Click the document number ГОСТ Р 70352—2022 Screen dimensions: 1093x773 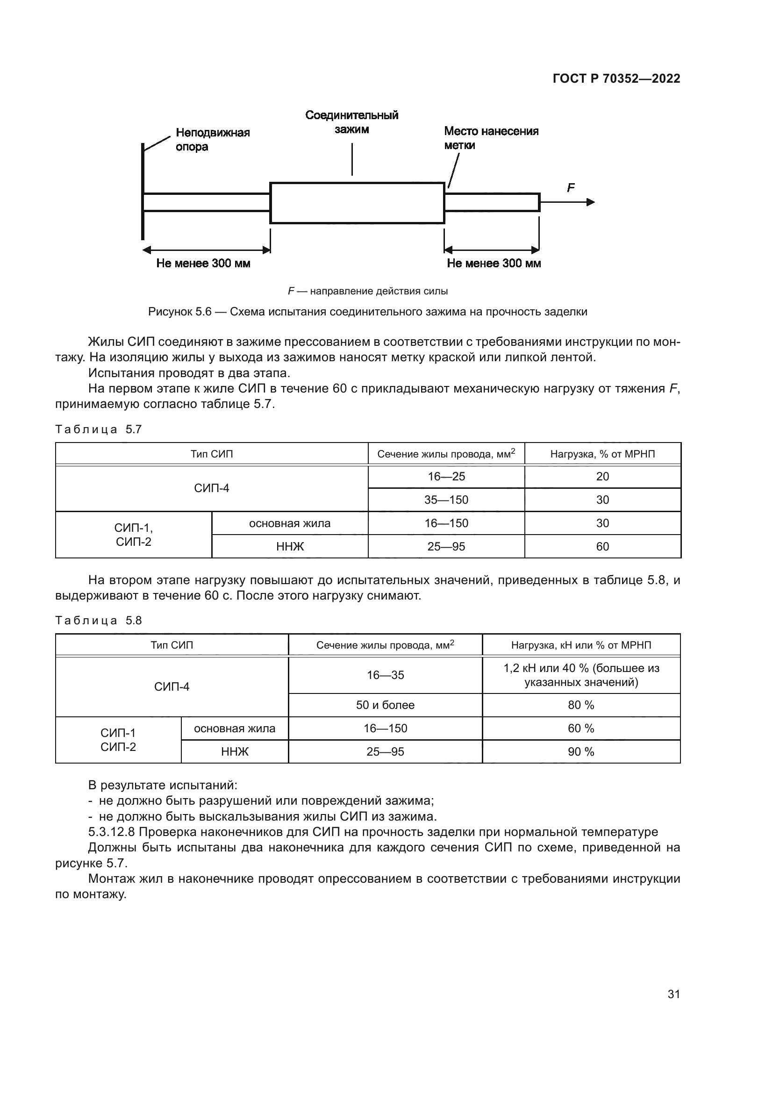616,79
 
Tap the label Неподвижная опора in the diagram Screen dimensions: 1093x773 212,139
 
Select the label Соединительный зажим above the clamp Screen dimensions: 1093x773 352,122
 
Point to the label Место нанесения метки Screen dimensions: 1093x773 491,138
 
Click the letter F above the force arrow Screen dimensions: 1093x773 571,188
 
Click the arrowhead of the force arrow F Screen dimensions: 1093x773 591,202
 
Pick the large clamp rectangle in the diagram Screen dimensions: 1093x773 357,203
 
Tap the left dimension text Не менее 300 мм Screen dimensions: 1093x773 203,263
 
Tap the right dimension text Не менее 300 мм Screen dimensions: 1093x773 494,263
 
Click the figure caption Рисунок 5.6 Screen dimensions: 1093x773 367,312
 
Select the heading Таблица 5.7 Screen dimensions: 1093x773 99,429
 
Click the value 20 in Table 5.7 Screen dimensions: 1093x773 602,477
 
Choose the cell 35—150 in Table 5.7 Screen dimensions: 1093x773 446,500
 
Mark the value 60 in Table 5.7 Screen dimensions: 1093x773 602,547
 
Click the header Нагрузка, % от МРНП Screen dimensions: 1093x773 602,454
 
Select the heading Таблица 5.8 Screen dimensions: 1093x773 99,620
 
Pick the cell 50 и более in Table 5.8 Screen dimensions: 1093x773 385,705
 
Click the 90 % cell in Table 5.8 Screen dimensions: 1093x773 581,752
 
